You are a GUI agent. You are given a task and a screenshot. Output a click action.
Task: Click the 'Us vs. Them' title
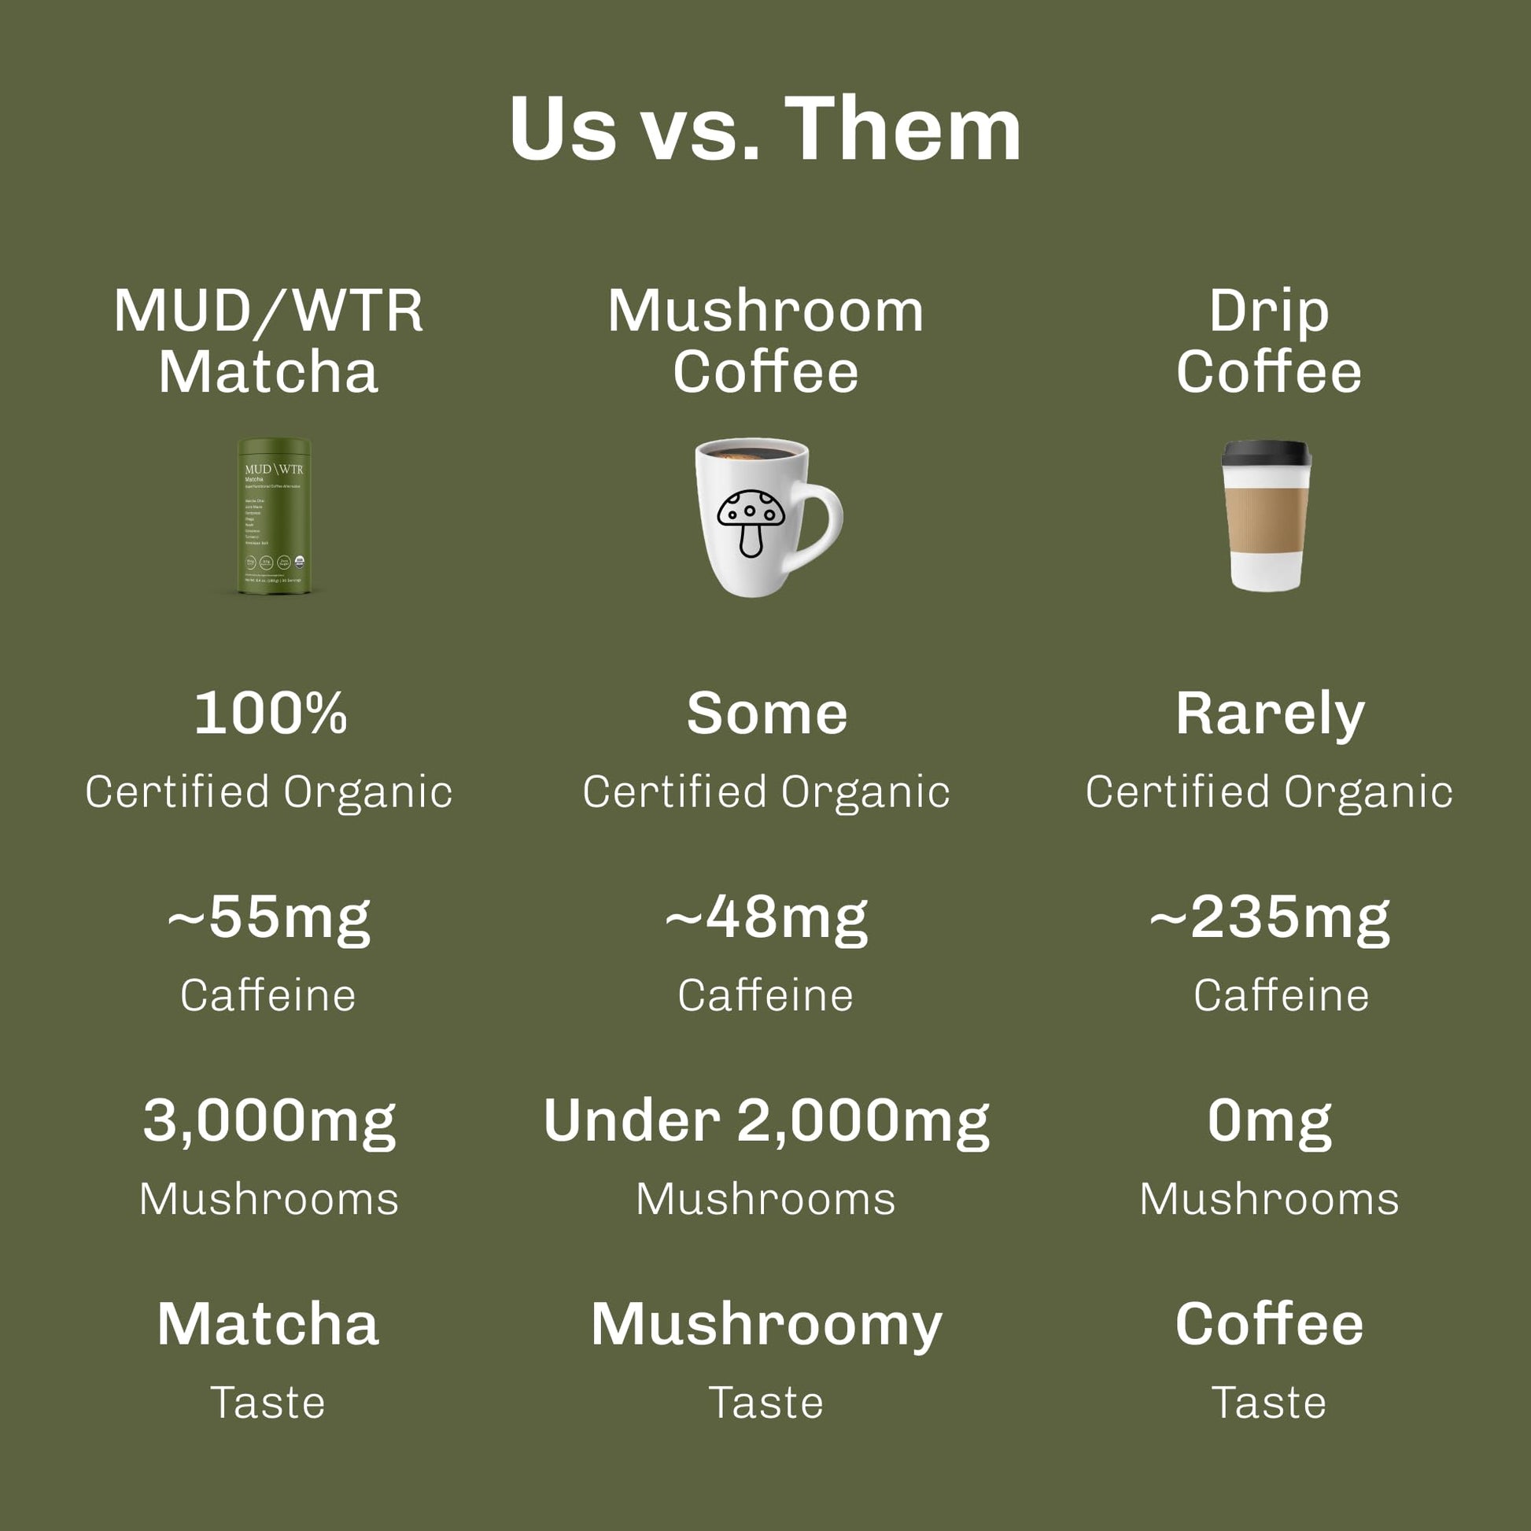click(765, 129)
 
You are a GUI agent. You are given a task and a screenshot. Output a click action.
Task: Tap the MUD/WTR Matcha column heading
click(267, 341)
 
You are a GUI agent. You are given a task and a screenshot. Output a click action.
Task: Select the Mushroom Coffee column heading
click(765, 341)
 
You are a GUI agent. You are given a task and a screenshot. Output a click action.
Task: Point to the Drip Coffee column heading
click(1269, 341)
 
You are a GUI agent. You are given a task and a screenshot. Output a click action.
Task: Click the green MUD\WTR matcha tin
click(275, 516)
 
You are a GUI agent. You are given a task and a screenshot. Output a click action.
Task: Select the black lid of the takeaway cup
click(1267, 453)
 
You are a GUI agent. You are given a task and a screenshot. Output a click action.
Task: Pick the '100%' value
click(270, 714)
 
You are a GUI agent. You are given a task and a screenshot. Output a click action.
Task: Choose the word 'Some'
click(766, 714)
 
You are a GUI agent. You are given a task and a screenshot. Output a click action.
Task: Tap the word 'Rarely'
click(1270, 715)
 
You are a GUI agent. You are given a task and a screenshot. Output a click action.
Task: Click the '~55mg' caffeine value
click(268, 918)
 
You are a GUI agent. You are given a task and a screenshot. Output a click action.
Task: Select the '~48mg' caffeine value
click(765, 918)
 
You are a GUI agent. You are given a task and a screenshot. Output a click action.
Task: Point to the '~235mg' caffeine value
click(1270, 918)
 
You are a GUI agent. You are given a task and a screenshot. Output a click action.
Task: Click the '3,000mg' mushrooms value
click(268, 1122)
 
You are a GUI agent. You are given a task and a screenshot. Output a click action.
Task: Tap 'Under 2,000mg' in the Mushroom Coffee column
click(765, 1122)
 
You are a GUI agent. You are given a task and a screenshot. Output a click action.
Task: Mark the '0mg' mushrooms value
click(1270, 1122)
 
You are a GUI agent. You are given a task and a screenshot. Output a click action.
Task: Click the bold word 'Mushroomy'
click(765, 1326)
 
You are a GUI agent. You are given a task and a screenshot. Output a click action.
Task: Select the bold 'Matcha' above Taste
click(267, 1324)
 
